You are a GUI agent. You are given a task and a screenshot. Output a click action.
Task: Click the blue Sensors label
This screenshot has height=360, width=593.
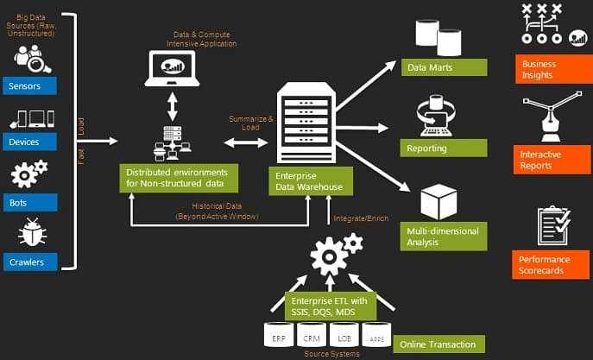[x=28, y=86]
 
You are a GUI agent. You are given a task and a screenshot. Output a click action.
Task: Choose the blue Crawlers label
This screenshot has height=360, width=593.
[x=28, y=261]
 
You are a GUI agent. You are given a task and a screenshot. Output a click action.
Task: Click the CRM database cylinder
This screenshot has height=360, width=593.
[x=312, y=338]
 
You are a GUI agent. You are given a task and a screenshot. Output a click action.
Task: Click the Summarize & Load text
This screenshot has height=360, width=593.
[x=250, y=123]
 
